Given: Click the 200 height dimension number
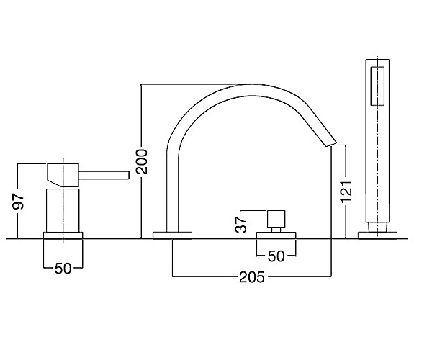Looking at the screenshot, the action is pos(142,162).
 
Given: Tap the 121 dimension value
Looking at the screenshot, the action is pos(346,192).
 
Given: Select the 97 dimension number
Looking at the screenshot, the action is pos(19,201).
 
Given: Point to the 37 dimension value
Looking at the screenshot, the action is pos(241,224).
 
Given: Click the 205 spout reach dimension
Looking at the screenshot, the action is pos(251,277).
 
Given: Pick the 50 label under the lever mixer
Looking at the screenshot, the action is pos(63,269).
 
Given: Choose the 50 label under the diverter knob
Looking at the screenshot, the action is pos(276,256).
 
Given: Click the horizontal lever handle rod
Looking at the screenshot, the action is pos(104,175).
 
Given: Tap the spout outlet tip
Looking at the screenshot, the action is pos(332,144).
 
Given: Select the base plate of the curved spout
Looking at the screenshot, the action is pos(172,235).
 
